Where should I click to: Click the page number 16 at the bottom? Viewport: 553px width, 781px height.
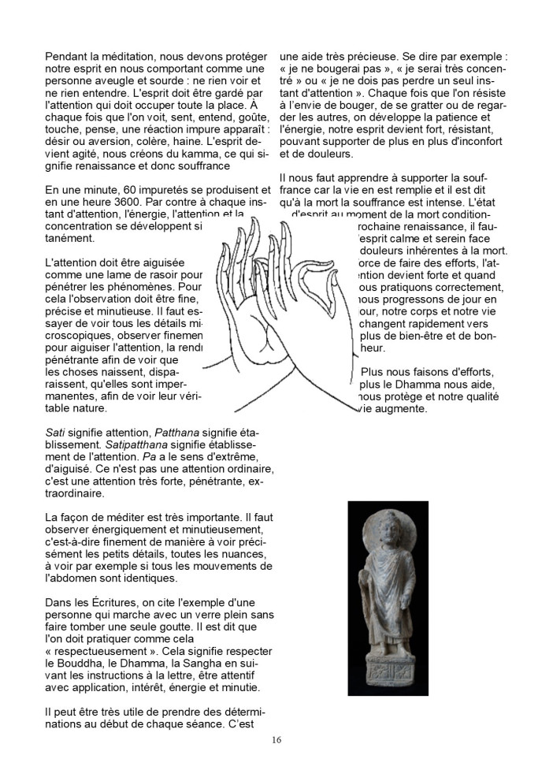[x=276, y=739]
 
